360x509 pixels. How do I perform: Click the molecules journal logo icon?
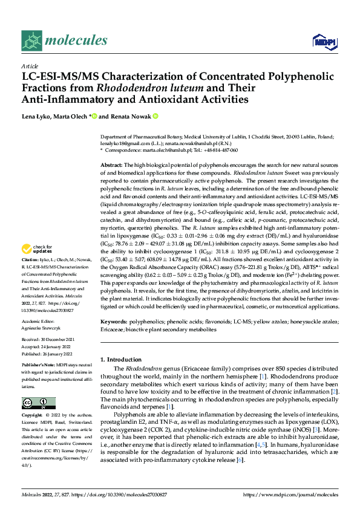(x=31, y=40)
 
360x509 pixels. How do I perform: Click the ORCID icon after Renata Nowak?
(x=155, y=116)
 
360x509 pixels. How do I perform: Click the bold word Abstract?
(x=111, y=165)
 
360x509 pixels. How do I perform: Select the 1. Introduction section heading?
(x=123, y=359)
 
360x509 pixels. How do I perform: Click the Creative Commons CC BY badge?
(x=38, y=403)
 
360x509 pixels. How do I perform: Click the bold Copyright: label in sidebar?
(x=34, y=416)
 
